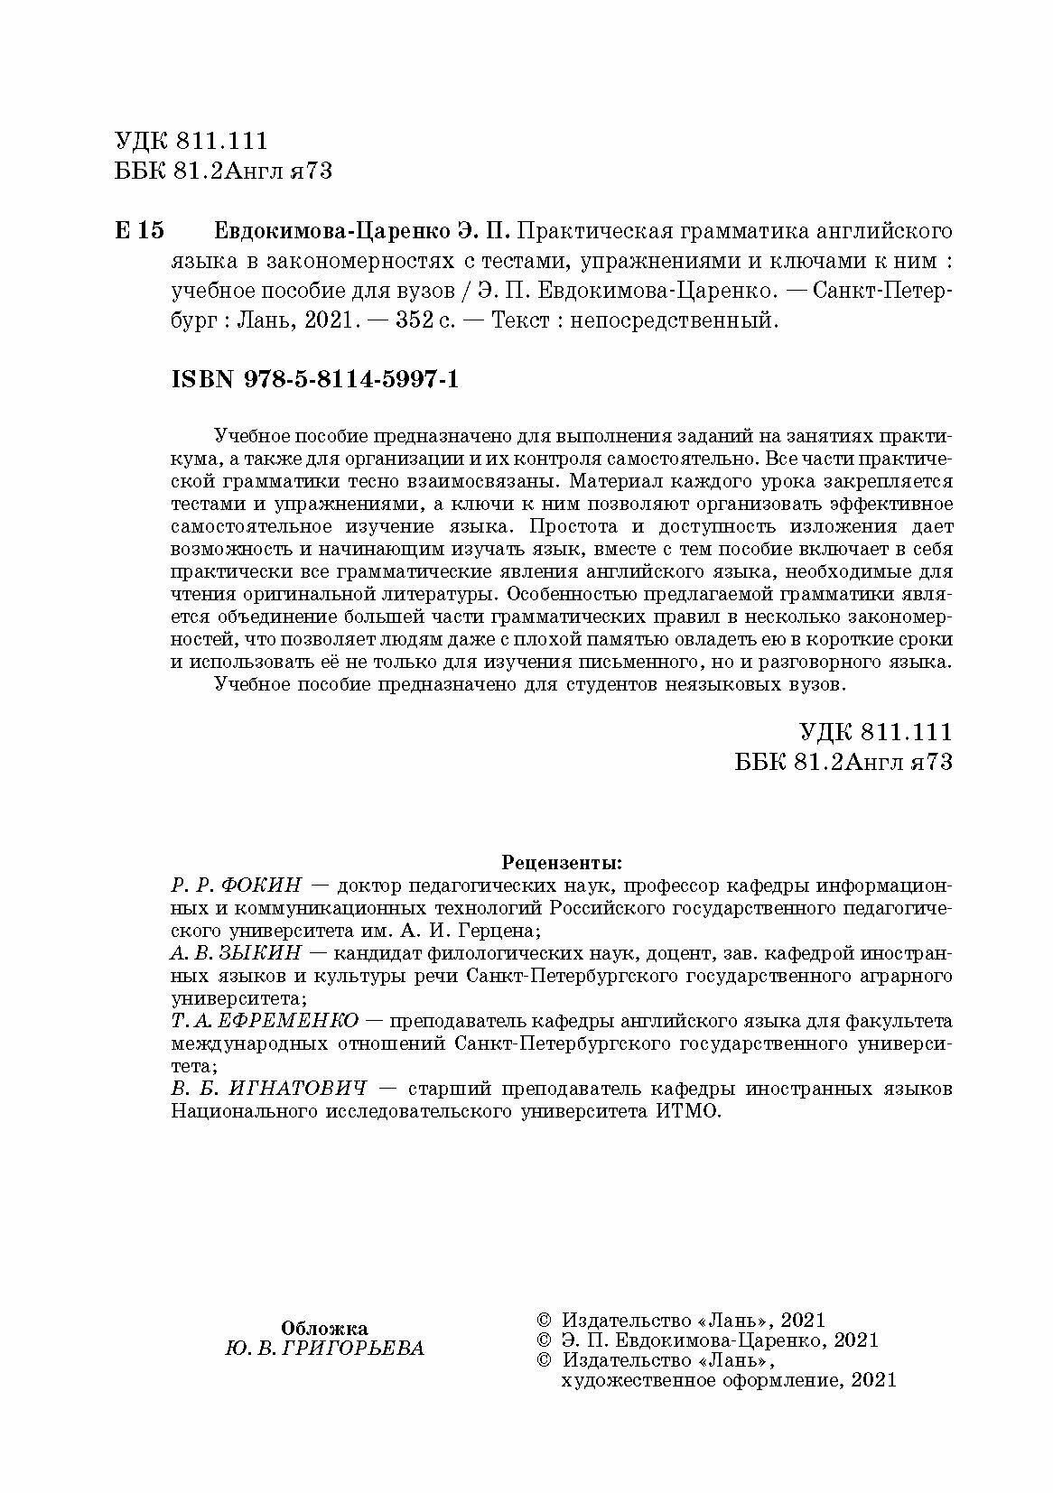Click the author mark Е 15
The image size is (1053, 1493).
click(139, 232)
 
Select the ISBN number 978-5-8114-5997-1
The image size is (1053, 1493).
click(351, 380)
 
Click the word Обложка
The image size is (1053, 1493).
click(324, 1327)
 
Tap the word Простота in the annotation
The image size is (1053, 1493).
click(572, 526)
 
